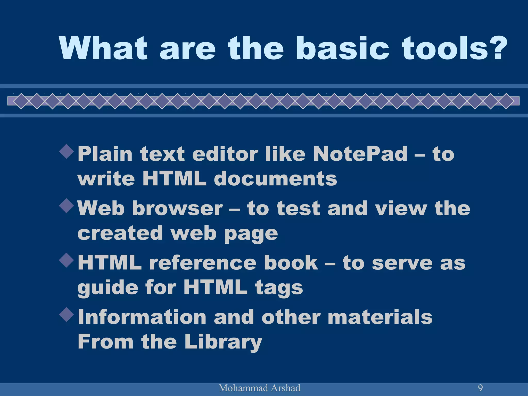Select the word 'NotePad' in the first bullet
(x=360, y=154)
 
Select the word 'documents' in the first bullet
(x=275, y=179)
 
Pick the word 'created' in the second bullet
(x=120, y=233)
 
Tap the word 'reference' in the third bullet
(x=203, y=263)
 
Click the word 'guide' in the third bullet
(x=108, y=288)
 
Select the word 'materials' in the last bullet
(x=380, y=317)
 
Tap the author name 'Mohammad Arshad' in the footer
(x=259, y=388)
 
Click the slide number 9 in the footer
(x=480, y=388)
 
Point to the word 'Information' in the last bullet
(x=142, y=317)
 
